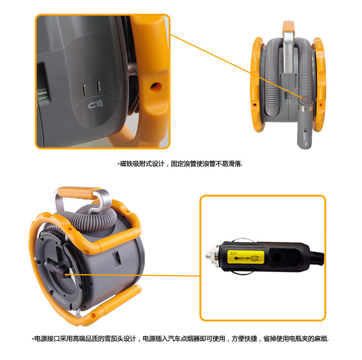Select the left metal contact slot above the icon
(x=84, y=90)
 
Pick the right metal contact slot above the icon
(x=99, y=87)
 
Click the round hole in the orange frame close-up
(x=155, y=87)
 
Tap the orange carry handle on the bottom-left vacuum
(x=79, y=193)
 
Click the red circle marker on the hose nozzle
(x=306, y=99)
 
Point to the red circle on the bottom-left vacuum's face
(x=61, y=275)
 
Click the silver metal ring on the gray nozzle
(x=304, y=108)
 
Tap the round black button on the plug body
(x=277, y=257)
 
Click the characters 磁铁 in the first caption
(x=126, y=164)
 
